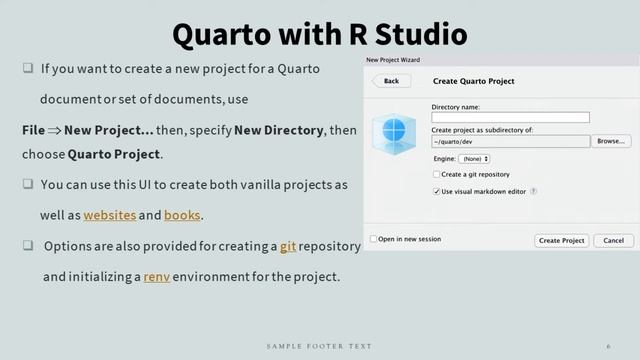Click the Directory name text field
coord(510,117)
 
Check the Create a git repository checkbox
coord(436,174)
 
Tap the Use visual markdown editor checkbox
coord(436,190)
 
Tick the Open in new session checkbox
coord(374,239)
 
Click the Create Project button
coord(561,240)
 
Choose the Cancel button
coord(613,240)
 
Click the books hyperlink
coord(182,215)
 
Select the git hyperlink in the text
coord(287,246)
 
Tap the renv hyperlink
coord(157,276)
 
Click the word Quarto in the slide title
coord(223,34)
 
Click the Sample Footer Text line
coord(319,346)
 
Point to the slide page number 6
coord(608,346)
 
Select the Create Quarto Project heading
coord(473,81)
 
